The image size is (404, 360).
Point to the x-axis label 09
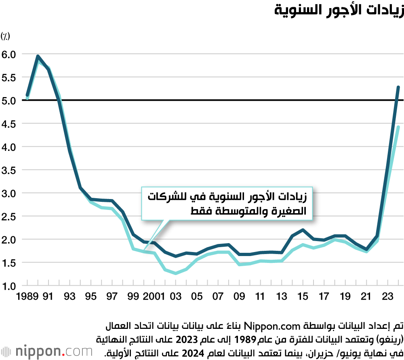(239, 297)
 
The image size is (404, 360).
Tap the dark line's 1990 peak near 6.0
(38, 56)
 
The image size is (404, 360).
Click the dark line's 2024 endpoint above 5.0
(398, 87)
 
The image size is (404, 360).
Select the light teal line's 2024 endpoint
(398, 127)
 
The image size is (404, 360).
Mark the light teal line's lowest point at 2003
(176, 273)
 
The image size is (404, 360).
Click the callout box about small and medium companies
(228, 204)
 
